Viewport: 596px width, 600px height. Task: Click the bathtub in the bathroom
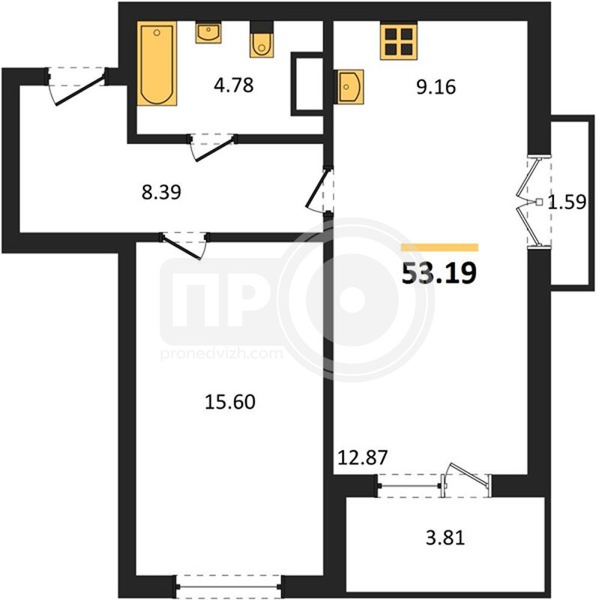tap(157, 64)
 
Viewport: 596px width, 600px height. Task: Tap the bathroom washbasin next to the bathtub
tap(208, 32)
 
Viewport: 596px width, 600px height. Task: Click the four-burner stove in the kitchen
tap(398, 40)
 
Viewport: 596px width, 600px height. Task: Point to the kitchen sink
tap(349, 87)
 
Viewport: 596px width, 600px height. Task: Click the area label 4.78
tap(234, 85)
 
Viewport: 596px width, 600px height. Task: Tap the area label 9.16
tap(436, 87)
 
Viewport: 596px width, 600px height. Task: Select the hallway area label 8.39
tap(161, 192)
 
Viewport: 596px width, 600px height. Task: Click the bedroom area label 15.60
tap(230, 402)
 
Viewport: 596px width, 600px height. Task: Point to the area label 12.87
tap(363, 457)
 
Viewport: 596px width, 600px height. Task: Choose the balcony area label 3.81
tap(445, 538)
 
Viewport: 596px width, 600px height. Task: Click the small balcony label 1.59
tap(567, 202)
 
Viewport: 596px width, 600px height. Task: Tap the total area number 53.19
tap(439, 273)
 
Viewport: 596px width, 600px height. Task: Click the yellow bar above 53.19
tap(439, 247)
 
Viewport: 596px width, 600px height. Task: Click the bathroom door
tap(212, 147)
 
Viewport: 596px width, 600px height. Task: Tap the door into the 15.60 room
tap(184, 245)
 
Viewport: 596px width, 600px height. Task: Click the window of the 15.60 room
tap(229, 586)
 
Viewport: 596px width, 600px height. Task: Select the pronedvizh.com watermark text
tap(222, 354)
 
